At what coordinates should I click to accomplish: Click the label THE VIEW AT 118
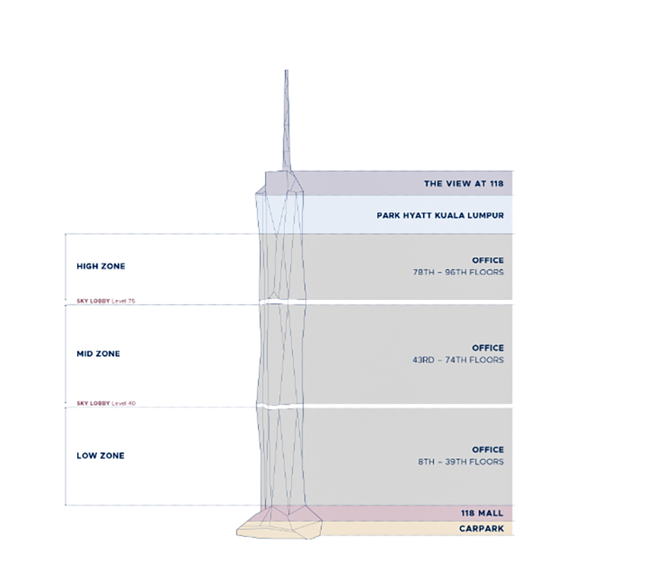point(464,184)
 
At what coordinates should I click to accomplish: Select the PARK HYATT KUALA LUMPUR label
point(440,215)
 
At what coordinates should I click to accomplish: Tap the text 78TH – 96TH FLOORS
point(458,272)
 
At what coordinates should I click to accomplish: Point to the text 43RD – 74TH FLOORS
point(458,360)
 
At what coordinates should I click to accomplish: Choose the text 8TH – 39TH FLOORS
point(461,462)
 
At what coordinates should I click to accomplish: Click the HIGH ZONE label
point(101,267)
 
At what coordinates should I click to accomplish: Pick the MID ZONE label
point(98,354)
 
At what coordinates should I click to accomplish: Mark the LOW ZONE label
point(100,456)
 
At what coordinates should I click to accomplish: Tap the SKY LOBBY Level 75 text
point(105,301)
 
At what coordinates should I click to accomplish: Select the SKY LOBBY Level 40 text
point(105,403)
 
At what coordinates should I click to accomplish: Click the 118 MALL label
point(483,514)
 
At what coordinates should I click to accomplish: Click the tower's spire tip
point(286,71)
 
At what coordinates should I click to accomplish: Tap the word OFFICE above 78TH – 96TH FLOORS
point(488,261)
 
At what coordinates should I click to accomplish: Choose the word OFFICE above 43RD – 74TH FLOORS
point(488,348)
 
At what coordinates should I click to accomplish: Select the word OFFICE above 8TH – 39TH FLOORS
point(488,450)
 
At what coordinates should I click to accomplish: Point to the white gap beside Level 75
point(393,302)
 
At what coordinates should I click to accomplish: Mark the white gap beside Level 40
point(393,405)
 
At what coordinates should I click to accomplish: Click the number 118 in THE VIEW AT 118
point(495,184)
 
